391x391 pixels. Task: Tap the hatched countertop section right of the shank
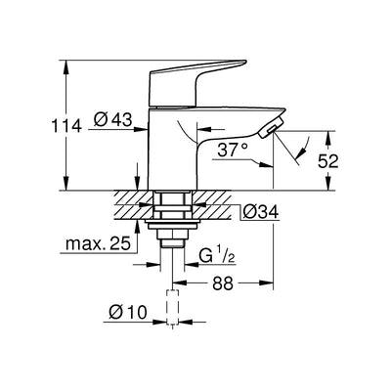click(x=215, y=202)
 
